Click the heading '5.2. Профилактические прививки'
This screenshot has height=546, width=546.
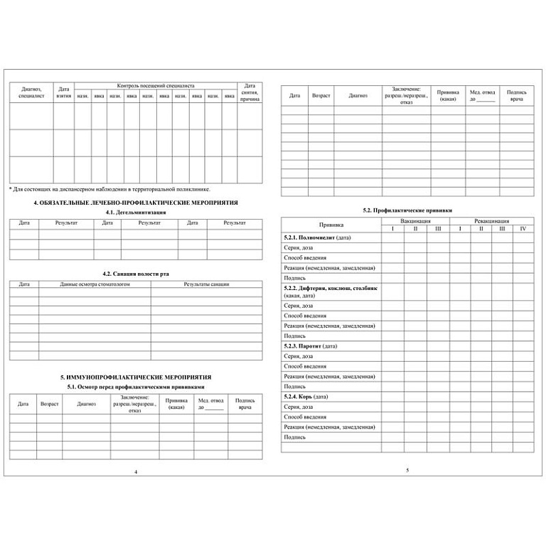click(407, 210)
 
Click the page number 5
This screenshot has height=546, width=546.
click(407, 470)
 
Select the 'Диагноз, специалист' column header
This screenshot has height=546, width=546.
click(31, 92)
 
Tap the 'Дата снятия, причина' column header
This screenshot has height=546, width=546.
click(250, 92)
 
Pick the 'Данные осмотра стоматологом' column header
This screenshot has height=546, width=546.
click(95, 284)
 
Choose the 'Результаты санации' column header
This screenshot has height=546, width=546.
click(206, 284)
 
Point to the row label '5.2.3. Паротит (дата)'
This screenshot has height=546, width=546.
click(310, 346)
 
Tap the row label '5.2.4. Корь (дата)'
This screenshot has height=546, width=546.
click(306, 396)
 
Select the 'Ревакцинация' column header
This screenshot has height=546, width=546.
click(491, 221)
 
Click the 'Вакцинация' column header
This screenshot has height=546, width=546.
click(415, 221)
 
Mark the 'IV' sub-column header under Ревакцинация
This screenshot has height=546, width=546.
click(523, 228)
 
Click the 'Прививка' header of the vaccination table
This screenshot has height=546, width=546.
click(331, 225)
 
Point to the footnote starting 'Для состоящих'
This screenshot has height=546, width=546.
click(109, 190)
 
